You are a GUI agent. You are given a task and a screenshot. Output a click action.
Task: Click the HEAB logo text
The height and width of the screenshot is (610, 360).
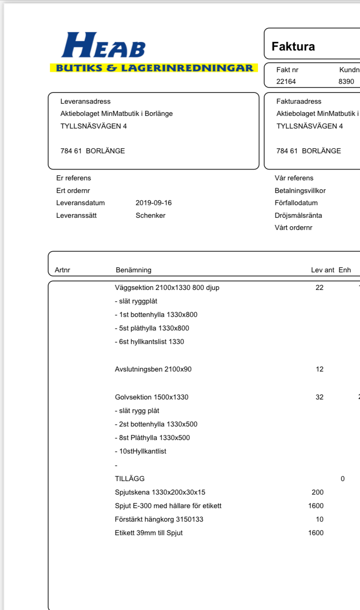tap(103, 46)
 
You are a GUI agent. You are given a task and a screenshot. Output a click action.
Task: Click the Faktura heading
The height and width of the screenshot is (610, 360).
tap(293, 46)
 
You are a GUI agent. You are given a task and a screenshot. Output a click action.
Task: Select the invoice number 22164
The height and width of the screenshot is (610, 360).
tap(286, 82)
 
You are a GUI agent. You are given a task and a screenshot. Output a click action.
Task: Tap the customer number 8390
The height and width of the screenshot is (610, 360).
tap(346, 82)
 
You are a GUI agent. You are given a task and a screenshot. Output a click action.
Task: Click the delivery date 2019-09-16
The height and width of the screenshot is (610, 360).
tap(153, 203)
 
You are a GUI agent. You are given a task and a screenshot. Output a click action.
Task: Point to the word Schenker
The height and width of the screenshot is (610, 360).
tap(150, 216)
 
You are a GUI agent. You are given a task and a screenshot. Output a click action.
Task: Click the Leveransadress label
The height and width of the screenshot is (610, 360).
tap(85, 101)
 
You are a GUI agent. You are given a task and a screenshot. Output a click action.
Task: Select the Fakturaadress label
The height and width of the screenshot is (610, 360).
tap(299, 101)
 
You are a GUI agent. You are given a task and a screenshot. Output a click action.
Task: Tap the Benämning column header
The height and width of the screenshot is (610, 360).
tap(134, 270)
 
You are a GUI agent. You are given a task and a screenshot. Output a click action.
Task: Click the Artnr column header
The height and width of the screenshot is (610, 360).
tap(62, 270)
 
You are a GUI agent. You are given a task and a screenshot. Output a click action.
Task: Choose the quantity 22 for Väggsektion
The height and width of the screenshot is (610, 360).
tap(319, 288)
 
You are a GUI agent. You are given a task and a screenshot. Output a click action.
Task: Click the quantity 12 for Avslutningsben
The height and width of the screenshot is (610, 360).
tap(319, 369)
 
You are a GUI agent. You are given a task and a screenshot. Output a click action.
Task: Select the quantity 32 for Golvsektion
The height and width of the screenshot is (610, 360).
tap(319, 397)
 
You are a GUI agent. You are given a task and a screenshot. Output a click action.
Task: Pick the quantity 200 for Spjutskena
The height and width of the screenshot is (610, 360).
tap(318, 492)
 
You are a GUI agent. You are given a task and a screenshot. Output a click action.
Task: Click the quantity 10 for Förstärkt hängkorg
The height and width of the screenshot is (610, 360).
tap(319, 519)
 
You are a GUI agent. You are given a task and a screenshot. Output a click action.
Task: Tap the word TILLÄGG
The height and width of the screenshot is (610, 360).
tap(130, 479)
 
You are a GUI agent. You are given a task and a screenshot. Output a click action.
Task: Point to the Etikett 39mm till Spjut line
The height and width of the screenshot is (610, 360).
tap(149, 533)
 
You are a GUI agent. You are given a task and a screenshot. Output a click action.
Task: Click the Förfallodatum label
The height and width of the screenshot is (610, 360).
tap(296, 203)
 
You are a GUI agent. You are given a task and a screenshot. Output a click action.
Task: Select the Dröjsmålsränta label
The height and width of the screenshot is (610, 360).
tap(298, 216)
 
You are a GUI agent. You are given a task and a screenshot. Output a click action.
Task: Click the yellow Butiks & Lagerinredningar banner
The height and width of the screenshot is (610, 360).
tap(153, 68)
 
